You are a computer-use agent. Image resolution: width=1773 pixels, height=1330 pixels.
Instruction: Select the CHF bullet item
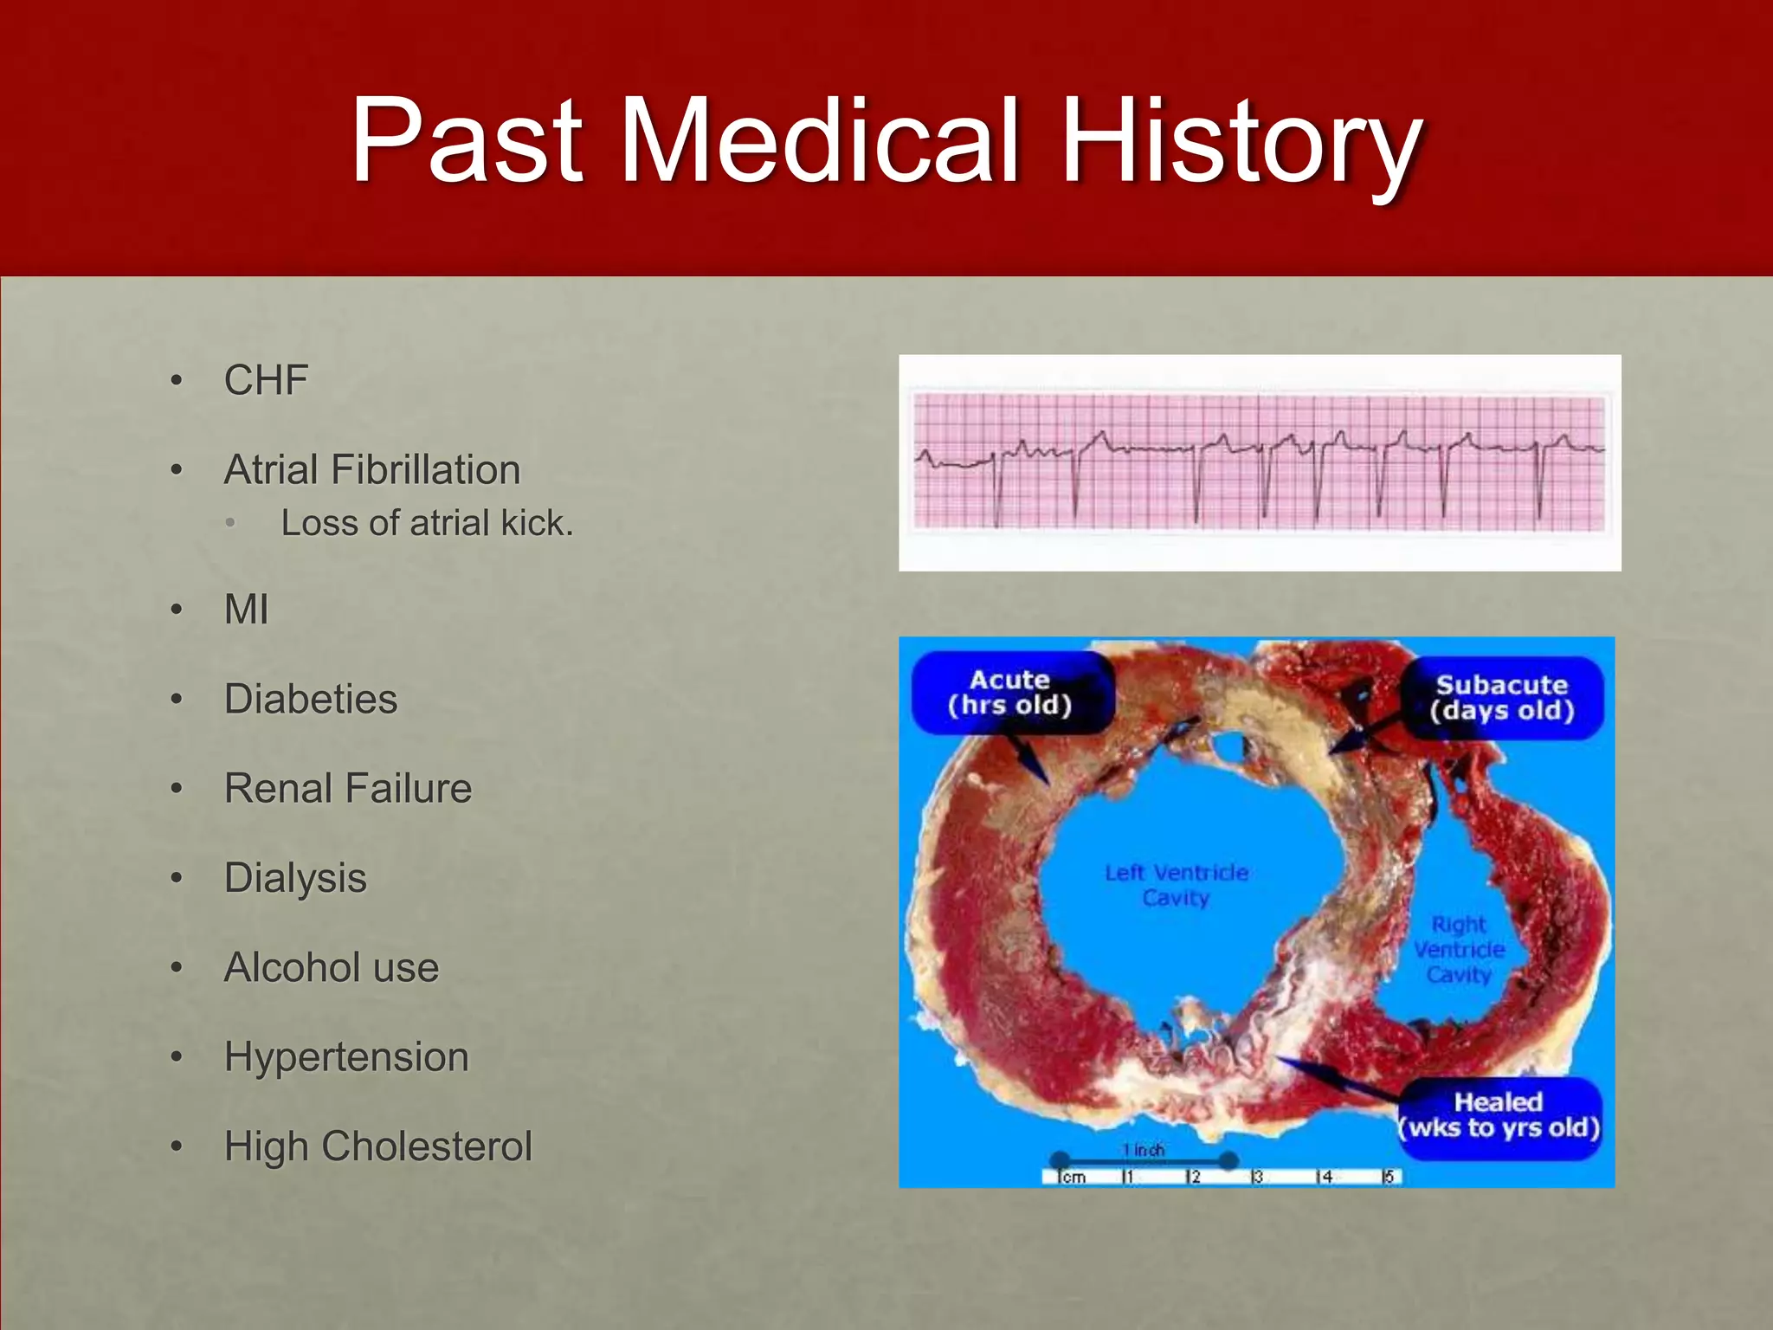click(x=266, y=380)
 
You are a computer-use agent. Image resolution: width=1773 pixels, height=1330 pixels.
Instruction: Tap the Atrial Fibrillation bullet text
click(x=372, y=470)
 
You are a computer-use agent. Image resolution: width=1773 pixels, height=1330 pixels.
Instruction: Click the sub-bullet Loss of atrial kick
click(x=427, y=523)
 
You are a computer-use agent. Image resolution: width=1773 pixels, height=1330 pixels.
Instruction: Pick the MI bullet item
click(x=247, y=610)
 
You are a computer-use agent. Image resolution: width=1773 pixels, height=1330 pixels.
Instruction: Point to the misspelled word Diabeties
click(x=311, y=699)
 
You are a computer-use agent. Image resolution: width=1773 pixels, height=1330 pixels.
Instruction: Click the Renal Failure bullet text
click(x=348, y=789)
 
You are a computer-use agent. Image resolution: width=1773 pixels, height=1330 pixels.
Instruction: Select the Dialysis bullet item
click(x=295, y=878)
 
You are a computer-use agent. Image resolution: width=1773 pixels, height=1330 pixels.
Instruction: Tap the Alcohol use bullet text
click(x=332, y=967)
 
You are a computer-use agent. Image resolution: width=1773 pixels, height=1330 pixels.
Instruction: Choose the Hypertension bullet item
click(x=346, y=1057)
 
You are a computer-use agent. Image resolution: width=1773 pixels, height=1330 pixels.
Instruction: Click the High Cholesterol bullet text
click(x=378, y=1146)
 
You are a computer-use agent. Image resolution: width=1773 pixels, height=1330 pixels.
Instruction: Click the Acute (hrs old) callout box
click(x=1010, y=693)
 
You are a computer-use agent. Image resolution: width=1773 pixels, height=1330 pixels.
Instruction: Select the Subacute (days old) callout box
click(x=1502, y=698)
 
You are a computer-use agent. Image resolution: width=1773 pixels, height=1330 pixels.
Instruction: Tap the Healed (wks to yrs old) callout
click(x=1499, y=1115)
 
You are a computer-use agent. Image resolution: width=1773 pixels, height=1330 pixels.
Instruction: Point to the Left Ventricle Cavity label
click(x=1176, y=885)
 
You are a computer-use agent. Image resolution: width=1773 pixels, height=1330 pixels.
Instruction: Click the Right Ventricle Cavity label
click(x=1459, y=950)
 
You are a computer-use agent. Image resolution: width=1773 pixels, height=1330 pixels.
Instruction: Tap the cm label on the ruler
click(x=1073, y=1178)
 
